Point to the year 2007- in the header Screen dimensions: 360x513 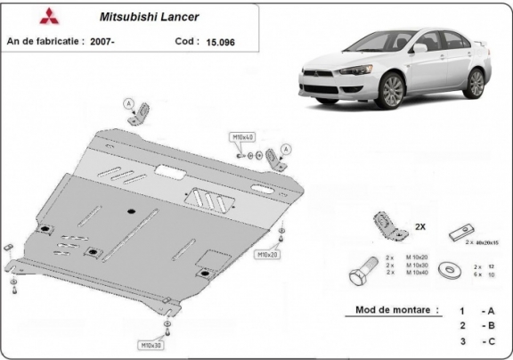click(111, 41)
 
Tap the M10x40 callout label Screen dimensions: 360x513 click(242, 137)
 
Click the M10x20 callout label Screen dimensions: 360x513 click(268, 255)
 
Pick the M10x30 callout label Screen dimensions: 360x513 click(149, 344)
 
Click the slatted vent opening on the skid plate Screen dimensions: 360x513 click(207, 199)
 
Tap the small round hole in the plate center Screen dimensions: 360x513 click(131, 211)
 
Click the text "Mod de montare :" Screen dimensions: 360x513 click(391, 310)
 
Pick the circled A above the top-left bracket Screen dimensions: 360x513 click(128, 102)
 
